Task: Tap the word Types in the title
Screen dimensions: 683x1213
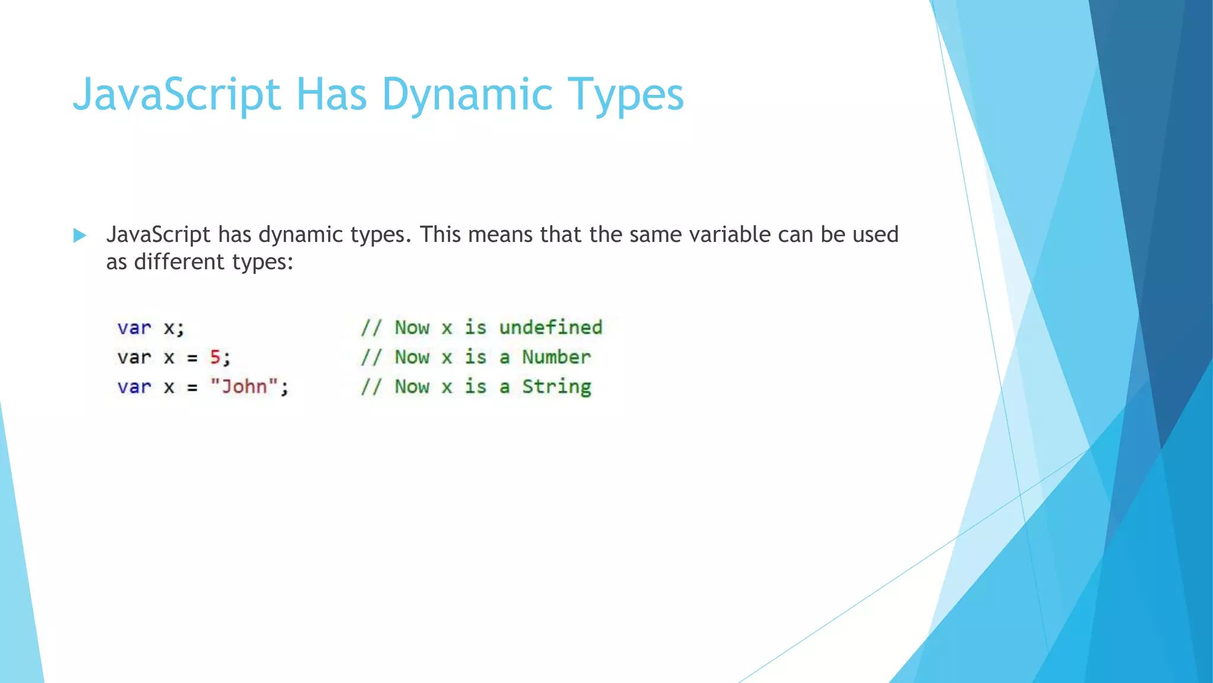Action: pos(625,95)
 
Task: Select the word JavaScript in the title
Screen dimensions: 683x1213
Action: pos(177,95)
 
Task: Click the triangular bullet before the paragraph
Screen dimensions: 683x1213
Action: pos(79,235)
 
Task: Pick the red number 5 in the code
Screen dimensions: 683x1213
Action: pos(215,358)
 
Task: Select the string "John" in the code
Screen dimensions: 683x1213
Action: pos(244,387)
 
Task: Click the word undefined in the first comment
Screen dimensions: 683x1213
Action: pos(550,327)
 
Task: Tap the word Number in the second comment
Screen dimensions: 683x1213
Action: pos(556,357)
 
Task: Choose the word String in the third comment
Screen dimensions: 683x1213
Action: pos(556,387)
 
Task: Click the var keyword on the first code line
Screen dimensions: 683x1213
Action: pos(134,328)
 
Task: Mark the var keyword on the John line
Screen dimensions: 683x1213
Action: pos(134,387)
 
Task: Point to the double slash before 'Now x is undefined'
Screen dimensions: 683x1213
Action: pos(371,328)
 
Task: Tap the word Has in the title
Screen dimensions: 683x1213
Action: pos(331,95)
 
